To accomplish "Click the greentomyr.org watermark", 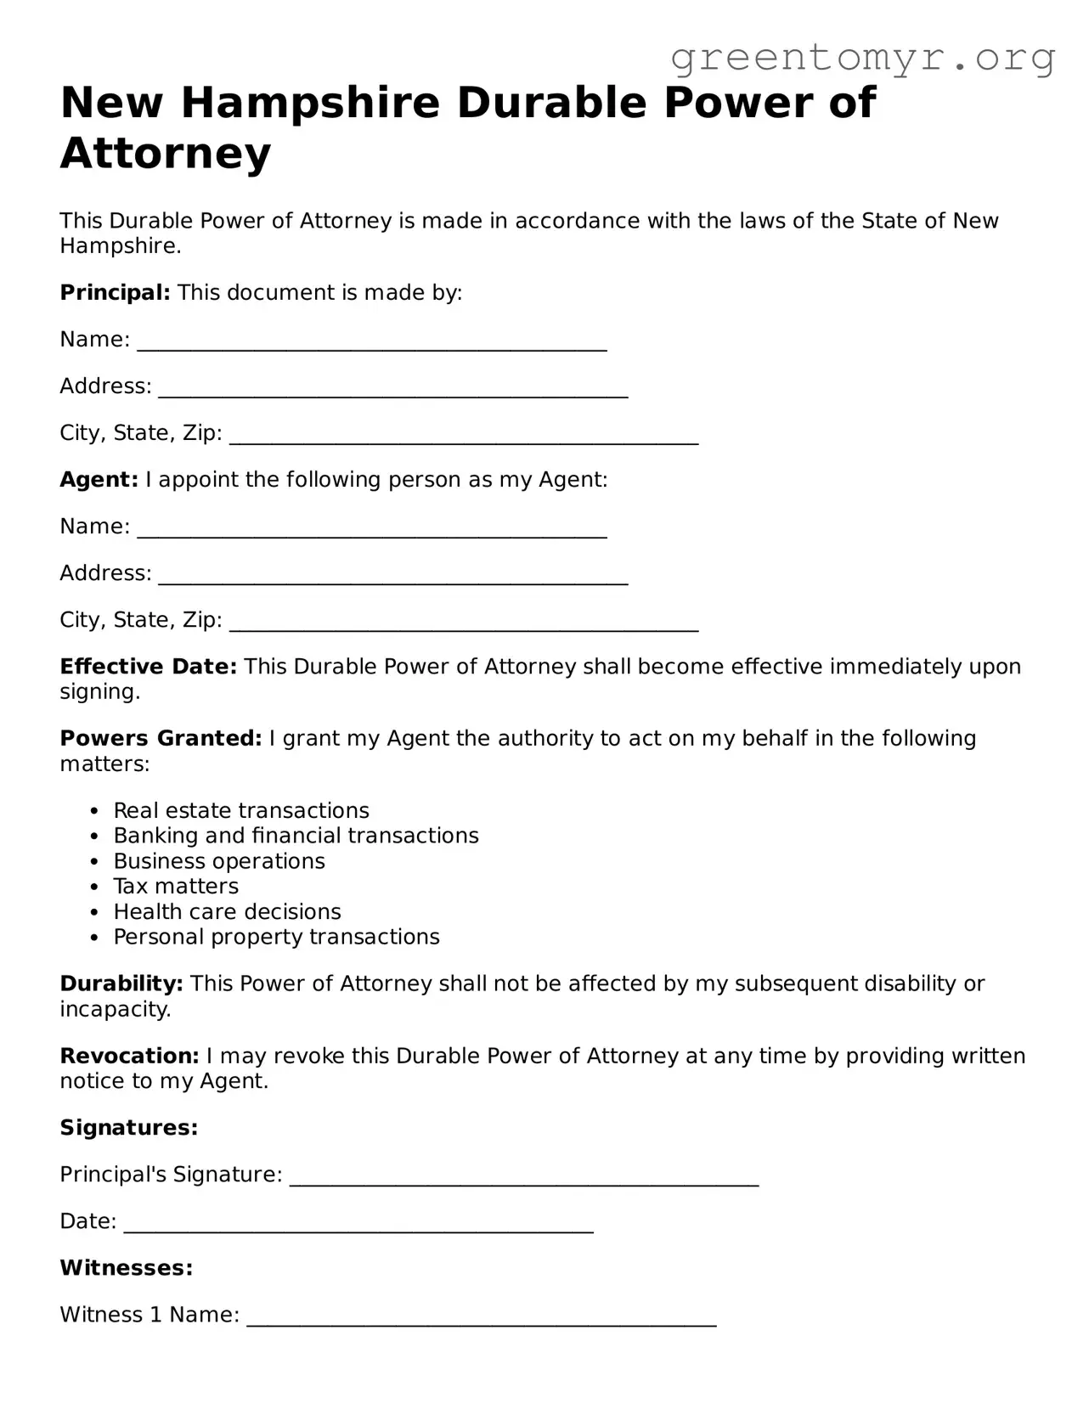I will click(x=862, y=57).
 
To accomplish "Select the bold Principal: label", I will click(x=115, y=293).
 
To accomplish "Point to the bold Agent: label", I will click(x=99, y=480).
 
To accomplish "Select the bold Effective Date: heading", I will click(x=148, y=667).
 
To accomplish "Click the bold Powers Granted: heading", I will click(x=161, y=739).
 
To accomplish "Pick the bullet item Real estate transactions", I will click(x=241, y=810).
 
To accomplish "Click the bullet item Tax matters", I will click(x=176, y=887).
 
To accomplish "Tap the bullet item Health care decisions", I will click(x=227, y=912).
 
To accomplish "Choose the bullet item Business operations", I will click(x=219, y=861).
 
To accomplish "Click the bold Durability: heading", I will click(x=121, y=984).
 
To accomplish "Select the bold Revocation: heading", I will click(x=129, y=1057).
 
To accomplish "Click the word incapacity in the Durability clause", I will click(x=114, y=1010).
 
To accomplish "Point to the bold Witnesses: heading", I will click(x=127, y=1268).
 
